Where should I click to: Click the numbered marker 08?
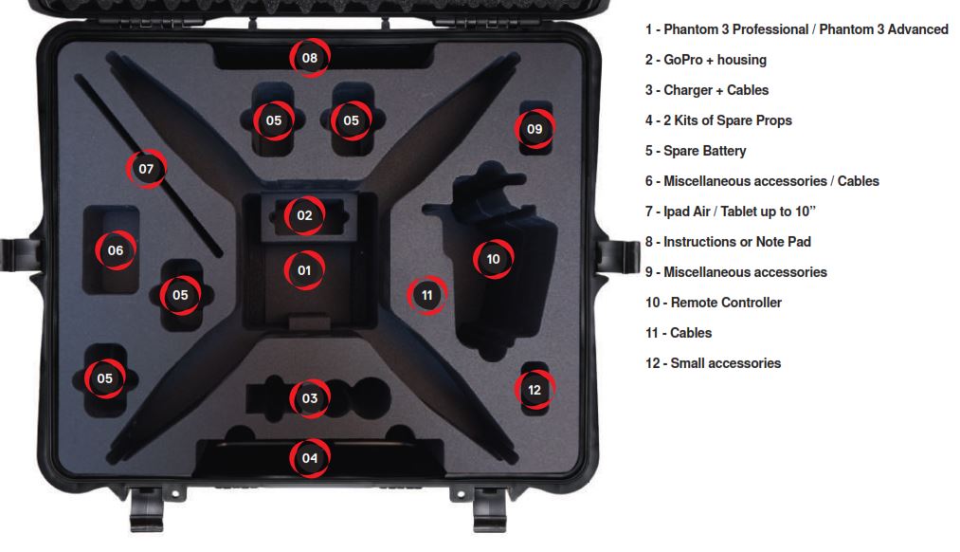click(310, 58)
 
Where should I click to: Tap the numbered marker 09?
click(534, 129)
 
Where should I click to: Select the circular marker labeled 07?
click(146, 169)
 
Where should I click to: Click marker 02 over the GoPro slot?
click(304, 215)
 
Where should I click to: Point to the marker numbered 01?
click(304, 270)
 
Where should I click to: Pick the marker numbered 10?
click(493, 259)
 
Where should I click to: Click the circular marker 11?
click(426, 295)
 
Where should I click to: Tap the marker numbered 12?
click(534, 389)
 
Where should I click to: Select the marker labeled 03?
click(310, 398)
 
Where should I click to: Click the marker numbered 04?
click(310, 458)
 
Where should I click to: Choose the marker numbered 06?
click(116, 250)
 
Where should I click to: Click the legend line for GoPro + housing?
click(706, 60)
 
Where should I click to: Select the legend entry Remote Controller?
click(714, 303)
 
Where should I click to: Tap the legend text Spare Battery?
click(696, 151)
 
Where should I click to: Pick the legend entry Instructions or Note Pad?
click(728, 242)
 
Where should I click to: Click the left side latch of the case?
click(16, 255)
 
